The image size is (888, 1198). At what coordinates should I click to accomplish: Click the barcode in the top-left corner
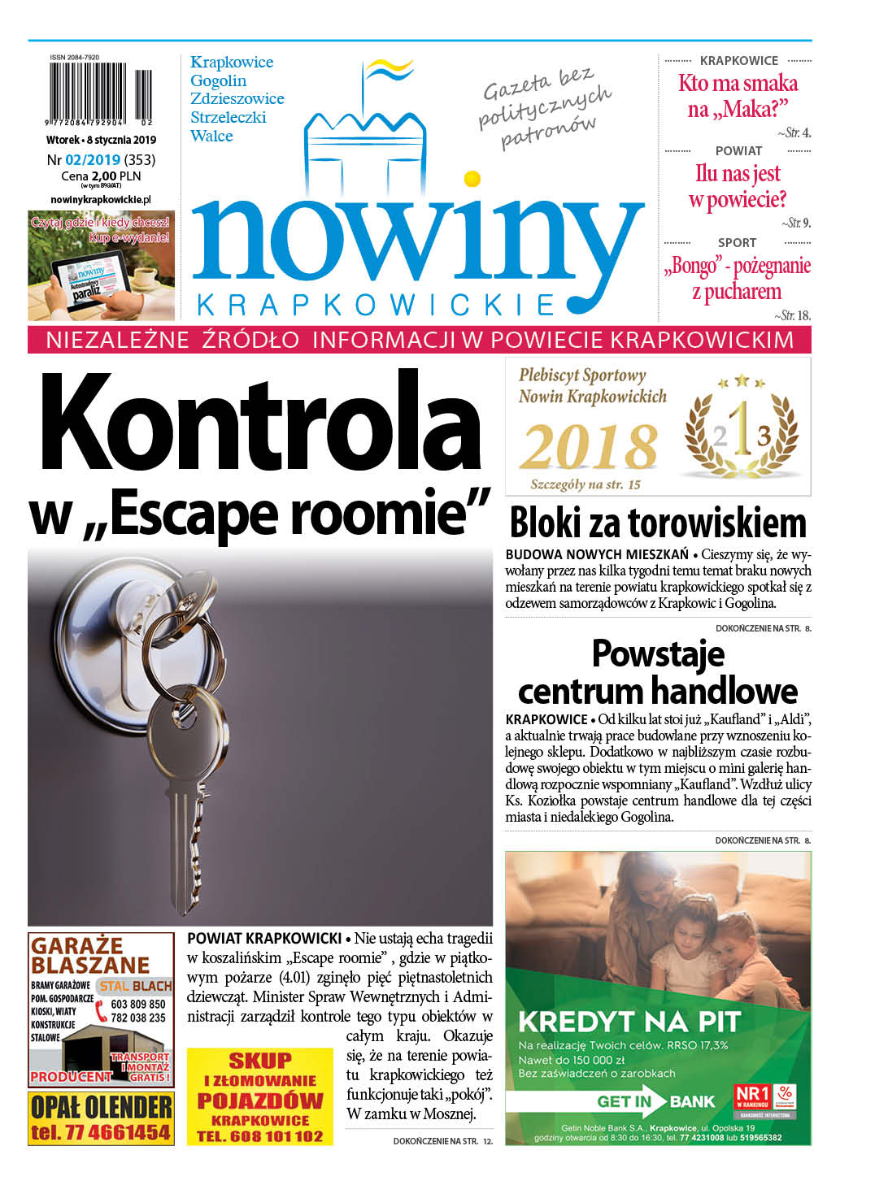tap(99, 93)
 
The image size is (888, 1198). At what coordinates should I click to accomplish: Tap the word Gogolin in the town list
tap(218, 80)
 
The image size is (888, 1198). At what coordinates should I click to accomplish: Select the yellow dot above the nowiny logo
tap(472, 178)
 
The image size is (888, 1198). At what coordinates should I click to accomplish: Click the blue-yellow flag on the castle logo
tap(388, 70)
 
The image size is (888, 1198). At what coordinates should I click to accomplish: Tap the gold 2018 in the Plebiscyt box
tap(590, 446)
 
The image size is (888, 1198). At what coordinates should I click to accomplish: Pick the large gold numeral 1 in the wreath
tap(740, 429)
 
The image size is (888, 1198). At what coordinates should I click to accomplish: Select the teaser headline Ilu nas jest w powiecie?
tap(738, 186)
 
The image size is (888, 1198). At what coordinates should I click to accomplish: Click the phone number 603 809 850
tap(137, 1004)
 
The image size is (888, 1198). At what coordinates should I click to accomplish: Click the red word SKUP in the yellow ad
tap(259, 1061)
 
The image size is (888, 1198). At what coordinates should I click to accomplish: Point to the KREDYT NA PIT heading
tap(629, 1022)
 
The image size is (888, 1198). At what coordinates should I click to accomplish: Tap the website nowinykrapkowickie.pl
tap(101, 199)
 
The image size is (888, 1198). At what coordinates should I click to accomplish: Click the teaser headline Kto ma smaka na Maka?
tap(738, 96)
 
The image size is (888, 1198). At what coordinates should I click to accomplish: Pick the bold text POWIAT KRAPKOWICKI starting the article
tap(263, 938)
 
